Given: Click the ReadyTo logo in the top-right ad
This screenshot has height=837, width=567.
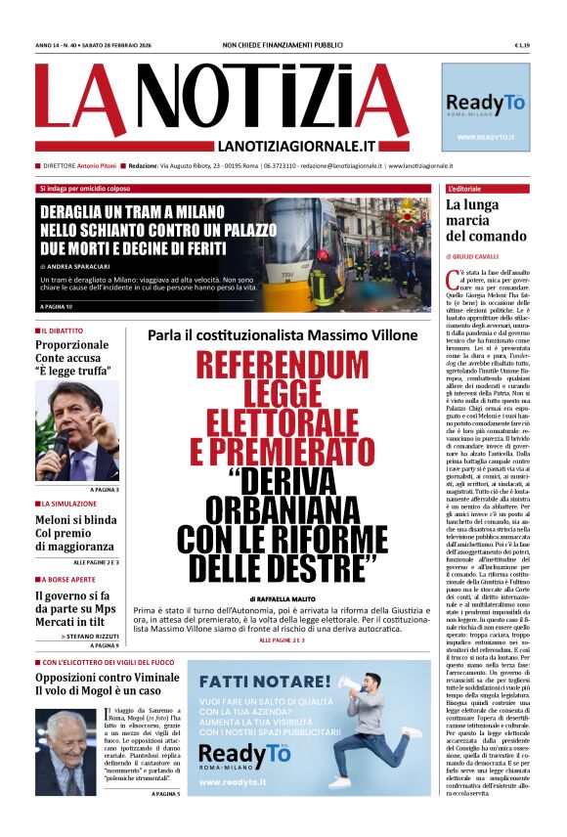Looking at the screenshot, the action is point(485,104).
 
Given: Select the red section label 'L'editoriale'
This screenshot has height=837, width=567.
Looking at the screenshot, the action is point(463,188).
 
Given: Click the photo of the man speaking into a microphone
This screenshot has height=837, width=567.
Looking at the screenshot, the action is point(77,430).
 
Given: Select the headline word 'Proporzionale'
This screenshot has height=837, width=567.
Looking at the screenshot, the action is point(72,345).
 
